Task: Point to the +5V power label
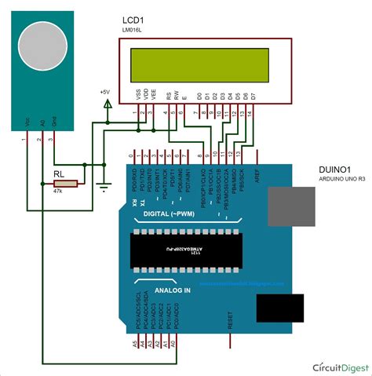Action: (105, 92)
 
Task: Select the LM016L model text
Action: (134, 29)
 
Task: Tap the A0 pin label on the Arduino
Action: (177, 343)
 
